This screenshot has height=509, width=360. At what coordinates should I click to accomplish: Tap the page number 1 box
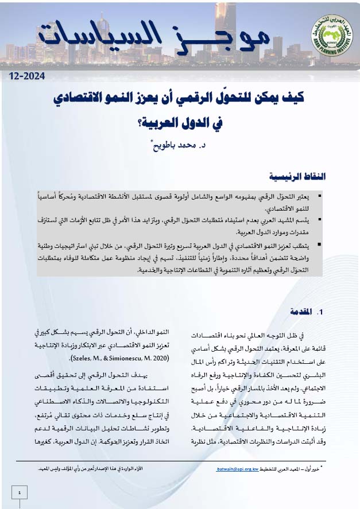[20, 493]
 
